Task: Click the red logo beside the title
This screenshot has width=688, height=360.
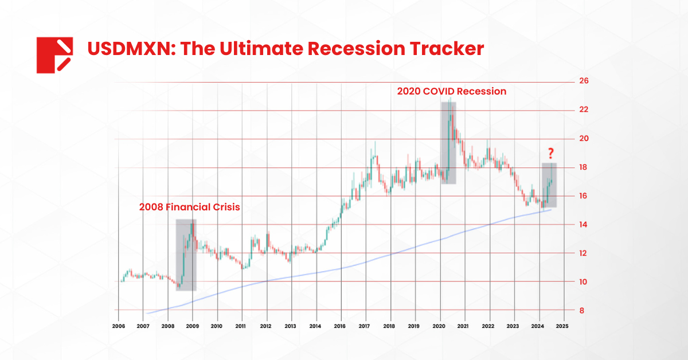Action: point(54,55)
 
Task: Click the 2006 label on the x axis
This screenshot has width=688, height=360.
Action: point(118,326)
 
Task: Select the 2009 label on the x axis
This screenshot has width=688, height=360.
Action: point(192,326)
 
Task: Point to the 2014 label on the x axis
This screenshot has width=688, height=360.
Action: point(315,326)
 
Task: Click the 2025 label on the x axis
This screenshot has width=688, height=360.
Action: point(562,326)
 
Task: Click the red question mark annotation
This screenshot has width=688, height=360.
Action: point(550,153)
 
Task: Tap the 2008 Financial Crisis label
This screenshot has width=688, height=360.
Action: point(189,207)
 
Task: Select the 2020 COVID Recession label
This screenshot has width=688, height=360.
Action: point(452,91)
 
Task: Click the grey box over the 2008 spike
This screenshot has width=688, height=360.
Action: point(186,255)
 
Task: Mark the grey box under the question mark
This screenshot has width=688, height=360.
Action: point(549,185)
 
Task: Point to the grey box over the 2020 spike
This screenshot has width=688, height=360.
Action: point(448,143)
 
